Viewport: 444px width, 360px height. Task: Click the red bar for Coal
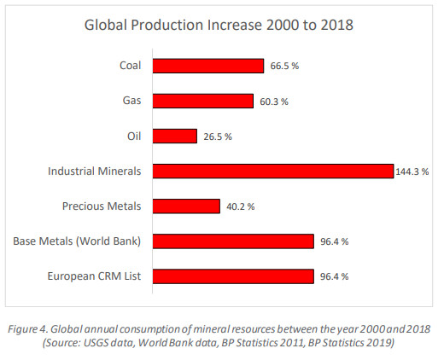tap(208, 66)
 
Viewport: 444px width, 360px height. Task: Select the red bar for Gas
tap(203, 101)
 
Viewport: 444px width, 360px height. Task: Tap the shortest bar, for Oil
tap(175, 136)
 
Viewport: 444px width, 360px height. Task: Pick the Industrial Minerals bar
tap(273, 171)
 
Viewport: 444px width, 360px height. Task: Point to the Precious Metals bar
tap(187, 206)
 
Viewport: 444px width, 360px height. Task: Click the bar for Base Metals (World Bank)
tap(234, 241)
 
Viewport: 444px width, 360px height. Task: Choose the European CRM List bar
tap(234, 276)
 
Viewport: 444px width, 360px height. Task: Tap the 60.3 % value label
tap(273, 102)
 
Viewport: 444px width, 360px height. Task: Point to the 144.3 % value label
tap(412, 171)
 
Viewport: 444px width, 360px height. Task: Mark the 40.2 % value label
tap(239, 206)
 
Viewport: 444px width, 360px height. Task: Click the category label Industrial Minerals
tap(95, 171)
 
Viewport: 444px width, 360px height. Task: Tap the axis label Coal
tap(131, 66)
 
